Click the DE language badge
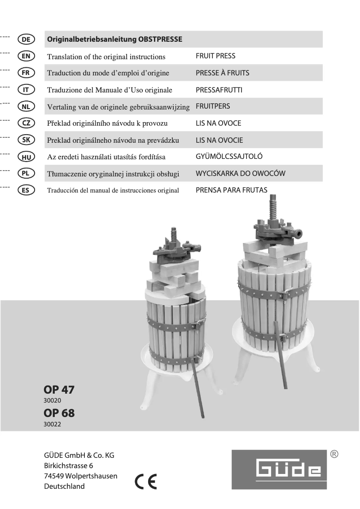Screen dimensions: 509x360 click(x=26, y=39)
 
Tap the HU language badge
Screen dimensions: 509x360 click(x=26, y=156)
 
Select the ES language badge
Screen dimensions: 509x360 click(x=26, y=190)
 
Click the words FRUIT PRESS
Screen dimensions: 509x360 click(x=215, y=56)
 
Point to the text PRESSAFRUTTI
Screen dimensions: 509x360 click(x=219, y=90)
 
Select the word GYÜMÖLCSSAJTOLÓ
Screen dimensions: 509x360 click(x=229, y=156)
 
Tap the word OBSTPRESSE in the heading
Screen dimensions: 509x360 click(x=163, y=39)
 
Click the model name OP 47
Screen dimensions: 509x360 click(x=59, y=390)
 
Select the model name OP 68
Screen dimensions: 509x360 click(x=59, y=413)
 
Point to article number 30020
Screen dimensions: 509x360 click(x=52, y=400)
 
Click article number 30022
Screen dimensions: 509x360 click(x=52, y=424)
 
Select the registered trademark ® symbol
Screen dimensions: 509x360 click(x=334, y=454)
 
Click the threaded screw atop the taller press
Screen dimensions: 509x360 click(x=272, y=204)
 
